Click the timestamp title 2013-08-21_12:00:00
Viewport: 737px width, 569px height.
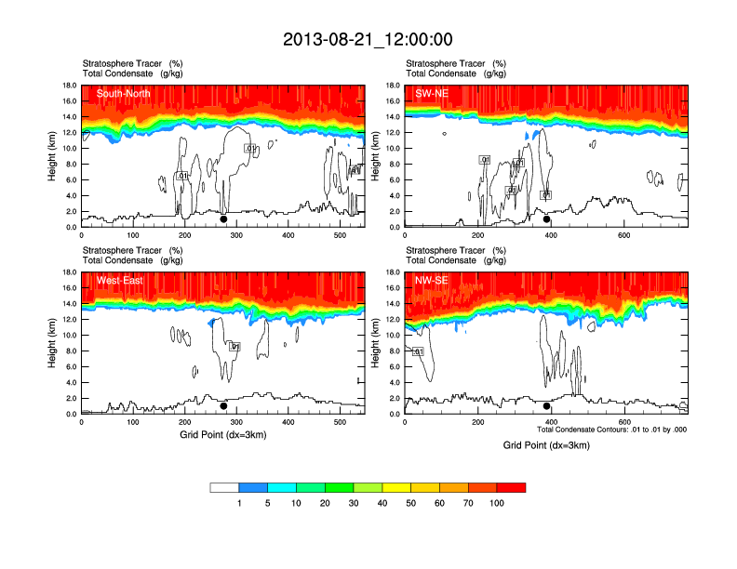click(x=368, y=39)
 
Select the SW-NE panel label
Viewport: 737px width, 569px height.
click(x=432, y=93)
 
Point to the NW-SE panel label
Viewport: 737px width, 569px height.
click(x=432, y=280)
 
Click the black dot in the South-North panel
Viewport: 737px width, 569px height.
click(x=223, y=219)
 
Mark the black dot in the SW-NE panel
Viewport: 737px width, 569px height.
click(x=547, y=219)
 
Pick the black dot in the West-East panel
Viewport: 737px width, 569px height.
click(x=223, y=406)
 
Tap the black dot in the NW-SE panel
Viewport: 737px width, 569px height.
click(x=547, y=406)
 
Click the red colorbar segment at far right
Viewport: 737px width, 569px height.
click(x=511, y=487)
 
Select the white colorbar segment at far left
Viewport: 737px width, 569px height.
click(x=224, y=487)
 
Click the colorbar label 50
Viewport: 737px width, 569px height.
click(x=411, y=503)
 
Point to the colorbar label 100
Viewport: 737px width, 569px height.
click(x=497, y=503)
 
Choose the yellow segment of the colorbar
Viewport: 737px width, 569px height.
click(x=396, y=487)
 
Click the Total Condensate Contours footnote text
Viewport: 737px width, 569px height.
click(x=611, y=430)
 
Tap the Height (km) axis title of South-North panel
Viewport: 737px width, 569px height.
click(x=53, y=156)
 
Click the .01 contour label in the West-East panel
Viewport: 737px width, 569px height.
click(x=234, y=347)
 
